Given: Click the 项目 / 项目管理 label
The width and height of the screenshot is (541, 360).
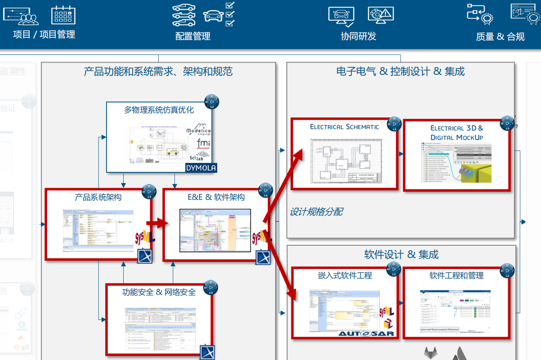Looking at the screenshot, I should [x=44, y=34].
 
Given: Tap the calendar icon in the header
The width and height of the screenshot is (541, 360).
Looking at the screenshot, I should [x=63, y=15].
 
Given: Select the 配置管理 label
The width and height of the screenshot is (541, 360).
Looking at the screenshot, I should [x=192, y=36].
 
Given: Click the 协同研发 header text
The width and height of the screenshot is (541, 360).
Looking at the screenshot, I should [x=358, y=36].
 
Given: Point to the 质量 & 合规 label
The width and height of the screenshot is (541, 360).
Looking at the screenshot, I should [x=500, y=36].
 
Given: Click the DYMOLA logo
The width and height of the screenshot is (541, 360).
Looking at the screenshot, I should [x=201, y=168].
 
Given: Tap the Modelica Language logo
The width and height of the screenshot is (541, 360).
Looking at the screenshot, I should [x=198, y=130].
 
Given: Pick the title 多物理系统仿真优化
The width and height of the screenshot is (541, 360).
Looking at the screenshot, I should [x=159, y=110].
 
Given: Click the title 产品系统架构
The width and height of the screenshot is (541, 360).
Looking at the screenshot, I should [x=98, y=197].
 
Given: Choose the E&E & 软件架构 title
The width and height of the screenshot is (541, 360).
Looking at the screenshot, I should [x=216, y=197].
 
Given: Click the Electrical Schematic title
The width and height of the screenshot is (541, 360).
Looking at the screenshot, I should [x=344, y=127].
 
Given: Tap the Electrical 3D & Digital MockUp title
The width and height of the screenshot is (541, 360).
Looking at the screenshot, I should [x=456, y=133].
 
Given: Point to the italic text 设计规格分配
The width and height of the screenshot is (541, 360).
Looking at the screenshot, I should [x=316, y=211].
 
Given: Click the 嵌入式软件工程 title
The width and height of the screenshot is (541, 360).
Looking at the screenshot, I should [x=344, y=275].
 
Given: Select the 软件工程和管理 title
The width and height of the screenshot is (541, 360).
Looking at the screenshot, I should [x=456, y=275].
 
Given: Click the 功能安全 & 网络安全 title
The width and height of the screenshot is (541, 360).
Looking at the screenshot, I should [x=159, y=292].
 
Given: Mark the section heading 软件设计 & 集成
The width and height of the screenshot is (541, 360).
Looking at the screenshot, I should [x=401, y=255].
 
